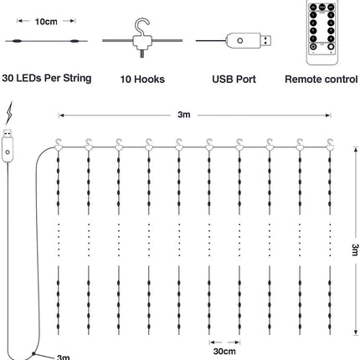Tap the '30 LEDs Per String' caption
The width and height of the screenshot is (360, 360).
pyautogui.click(x=47, y=79)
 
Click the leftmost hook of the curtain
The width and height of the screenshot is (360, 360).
pyautogui.click(x=58, y=144)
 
